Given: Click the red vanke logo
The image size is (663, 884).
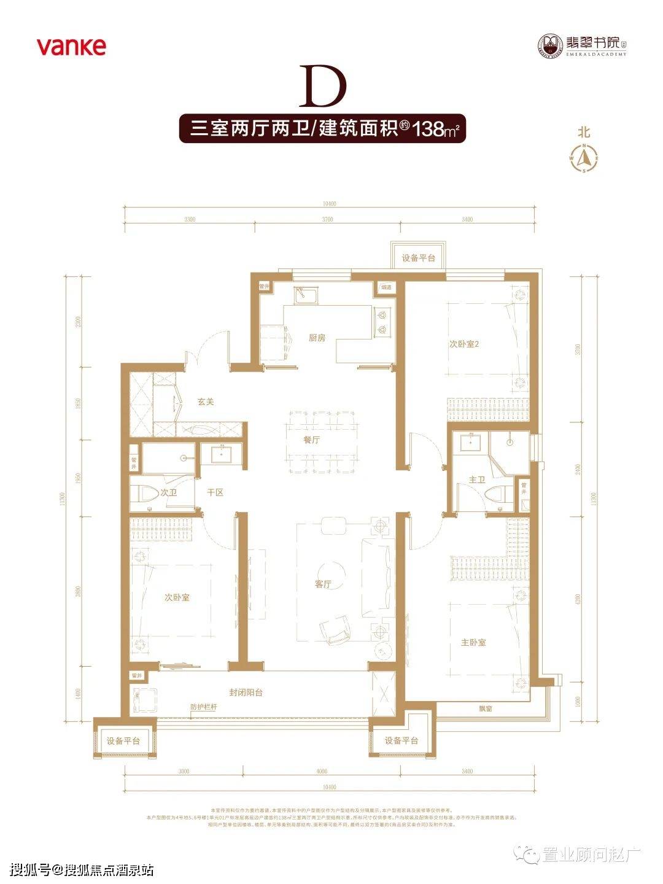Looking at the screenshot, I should click(x=71, y=47).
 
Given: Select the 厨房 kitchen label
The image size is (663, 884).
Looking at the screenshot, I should click(x=317, y=338).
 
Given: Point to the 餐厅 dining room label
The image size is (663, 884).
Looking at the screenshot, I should click(x=312, y=440).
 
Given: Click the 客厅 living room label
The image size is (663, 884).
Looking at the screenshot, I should click(x=323, y=584).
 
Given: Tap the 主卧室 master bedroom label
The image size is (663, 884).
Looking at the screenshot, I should click(x=473, y=642).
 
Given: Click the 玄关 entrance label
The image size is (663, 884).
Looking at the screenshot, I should click(x=205, y=403).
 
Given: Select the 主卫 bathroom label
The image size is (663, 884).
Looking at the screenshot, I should click(x=476, y=480).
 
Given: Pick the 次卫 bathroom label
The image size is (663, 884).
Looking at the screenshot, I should click(x=168, y=492).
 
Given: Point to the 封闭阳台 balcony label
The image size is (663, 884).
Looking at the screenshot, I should click(x=246, y=692).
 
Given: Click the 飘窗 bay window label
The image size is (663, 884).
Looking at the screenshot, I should click(x=486, y=708).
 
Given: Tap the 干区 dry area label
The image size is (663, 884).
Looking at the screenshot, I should click(x=214, y=492).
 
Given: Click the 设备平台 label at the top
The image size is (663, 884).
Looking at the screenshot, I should click(x=419, y=258).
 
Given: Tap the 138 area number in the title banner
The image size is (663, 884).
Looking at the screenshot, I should click(x=428, y=130).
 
